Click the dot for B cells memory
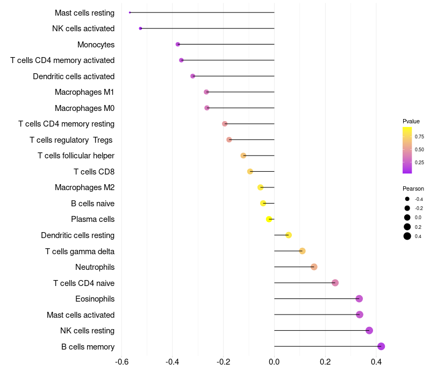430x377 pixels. (x=381, y=346)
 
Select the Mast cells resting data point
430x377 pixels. (x=130, y=12)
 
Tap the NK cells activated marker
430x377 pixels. (x=140, y=28)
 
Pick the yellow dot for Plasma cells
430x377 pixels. (x=269, y=219)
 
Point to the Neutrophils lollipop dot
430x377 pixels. (x=314, y=267)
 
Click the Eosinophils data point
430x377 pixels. (x=359, y=299)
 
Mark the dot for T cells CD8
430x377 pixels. (x=250, y=172)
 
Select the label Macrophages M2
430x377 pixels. (x=84, y=187)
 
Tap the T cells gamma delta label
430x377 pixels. (x=80, y=251)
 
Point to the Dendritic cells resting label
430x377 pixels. (x=77, y=235)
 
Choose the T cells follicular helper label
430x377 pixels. (x=76, y=156)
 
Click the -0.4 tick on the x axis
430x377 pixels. (x=173, y=361)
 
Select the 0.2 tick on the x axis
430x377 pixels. (x=325, y=361)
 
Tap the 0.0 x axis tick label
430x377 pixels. (x=274, y=361)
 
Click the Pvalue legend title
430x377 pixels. (x=411, y=121)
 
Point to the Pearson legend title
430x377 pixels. (x=413, y=188)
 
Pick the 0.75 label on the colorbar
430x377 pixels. (x=419, y=137)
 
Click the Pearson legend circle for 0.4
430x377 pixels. (x=407, y=236)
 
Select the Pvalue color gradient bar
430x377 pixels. (x=407, y=150)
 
